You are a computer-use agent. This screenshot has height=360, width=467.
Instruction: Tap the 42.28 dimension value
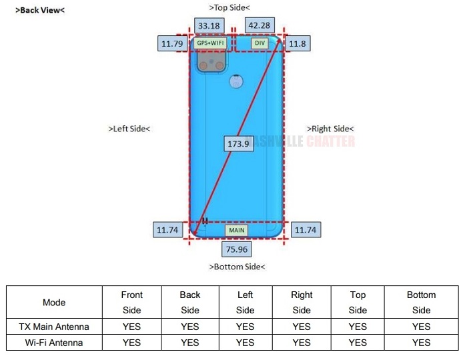click(x=259, y=26)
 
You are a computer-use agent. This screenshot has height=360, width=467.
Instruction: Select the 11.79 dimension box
click(x=171, y=44)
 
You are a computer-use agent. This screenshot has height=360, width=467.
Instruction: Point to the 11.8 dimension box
click(x=297, y=44)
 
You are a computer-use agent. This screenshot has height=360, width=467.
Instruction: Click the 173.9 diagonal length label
click(x=238, y=143)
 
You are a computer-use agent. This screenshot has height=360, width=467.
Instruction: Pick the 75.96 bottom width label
click(x=237, y=249)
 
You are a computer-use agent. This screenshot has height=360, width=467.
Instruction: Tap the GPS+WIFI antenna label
click(x=210, y=43)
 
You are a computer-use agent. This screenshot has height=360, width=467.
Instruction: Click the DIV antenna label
click(x=260, y=43)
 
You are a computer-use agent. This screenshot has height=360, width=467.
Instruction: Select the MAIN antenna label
click(x=237, y=230)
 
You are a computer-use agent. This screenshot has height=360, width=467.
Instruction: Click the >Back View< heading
click(x=40, y=10)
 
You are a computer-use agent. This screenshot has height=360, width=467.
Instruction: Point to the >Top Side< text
click(x=229, y=8)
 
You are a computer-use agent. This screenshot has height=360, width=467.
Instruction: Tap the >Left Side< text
click(x=129, y=129)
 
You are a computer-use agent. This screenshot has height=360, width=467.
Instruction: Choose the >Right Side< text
click(x=330, y=129)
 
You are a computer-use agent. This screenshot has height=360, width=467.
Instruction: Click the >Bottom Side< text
click(x=237, y=267)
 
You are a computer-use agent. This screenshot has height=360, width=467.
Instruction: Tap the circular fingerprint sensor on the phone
click(x=234, y=82)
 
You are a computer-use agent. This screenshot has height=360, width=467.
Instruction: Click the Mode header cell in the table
click(x=54, y=302)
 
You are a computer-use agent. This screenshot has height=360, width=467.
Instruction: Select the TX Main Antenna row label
click(x=54, y=327)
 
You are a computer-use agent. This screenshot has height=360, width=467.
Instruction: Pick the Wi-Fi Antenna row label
click(x=54, y=343)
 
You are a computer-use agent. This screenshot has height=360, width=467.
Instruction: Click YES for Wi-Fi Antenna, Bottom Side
click(x=421, y=343)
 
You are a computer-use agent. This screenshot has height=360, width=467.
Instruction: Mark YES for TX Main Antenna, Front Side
click(x=132, y=327)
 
